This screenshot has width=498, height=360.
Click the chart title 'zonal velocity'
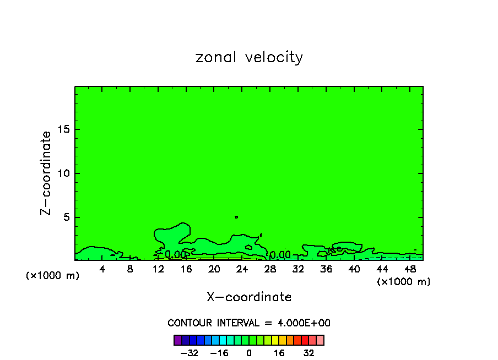tap(249, 57)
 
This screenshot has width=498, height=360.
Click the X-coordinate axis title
tap(249, 297)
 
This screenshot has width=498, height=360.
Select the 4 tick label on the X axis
tap(102, 269)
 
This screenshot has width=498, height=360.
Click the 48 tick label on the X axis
tap(410, 269)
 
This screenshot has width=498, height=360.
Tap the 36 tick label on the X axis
tap(326, 269)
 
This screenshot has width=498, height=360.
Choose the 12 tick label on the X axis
tap(158, 269)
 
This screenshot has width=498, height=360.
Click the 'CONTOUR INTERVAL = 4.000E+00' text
tap(249, 323)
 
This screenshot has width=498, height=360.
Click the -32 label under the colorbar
tap(189, 353)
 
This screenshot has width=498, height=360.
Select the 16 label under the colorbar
tap(279, 353)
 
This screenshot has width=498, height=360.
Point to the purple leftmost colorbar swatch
tap(177, 340)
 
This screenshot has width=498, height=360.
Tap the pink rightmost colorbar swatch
tap(320, 340)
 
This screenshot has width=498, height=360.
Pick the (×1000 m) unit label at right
tap(404, 282)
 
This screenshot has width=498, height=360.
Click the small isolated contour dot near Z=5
tap(236, 217)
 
